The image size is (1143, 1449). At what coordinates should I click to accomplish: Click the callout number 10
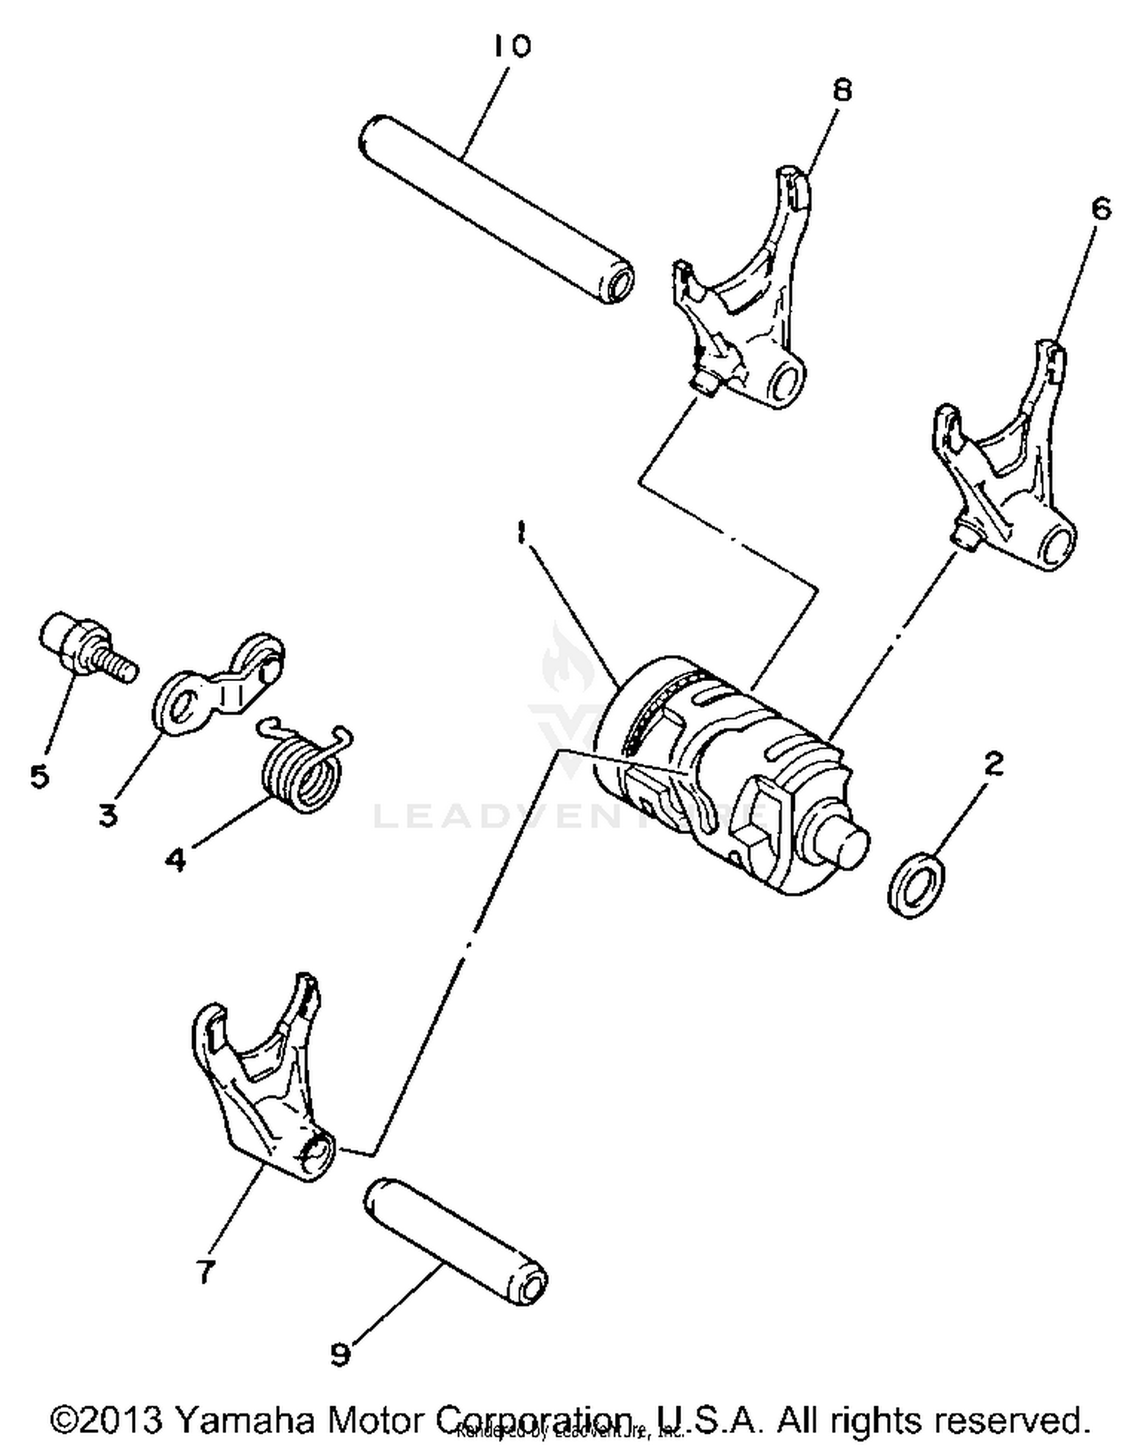tap(511, 47)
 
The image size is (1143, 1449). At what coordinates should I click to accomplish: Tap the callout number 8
tap(841, 91)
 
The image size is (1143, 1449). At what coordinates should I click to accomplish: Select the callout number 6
tap(1101, 209)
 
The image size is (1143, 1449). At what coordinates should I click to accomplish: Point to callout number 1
tap(520, 532)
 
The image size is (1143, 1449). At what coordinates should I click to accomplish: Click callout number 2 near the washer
tap(993, 763)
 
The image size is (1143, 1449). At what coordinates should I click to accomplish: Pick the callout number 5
tap(39, 776)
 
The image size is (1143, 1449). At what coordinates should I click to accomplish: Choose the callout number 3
tap(108, 814)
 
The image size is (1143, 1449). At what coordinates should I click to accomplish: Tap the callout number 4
tap(175, 859)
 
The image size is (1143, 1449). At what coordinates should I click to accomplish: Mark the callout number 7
tap(204, 1271)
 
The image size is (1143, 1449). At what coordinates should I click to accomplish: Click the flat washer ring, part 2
tap(916, 885)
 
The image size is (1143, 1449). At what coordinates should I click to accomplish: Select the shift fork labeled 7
tap(259, 1082)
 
